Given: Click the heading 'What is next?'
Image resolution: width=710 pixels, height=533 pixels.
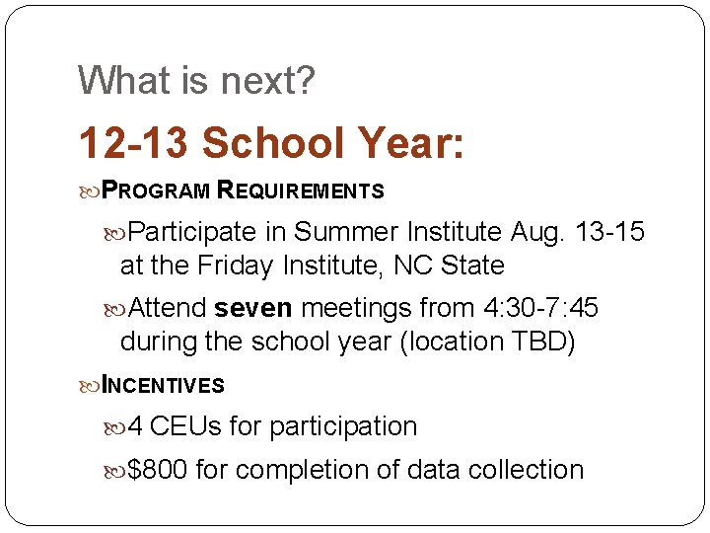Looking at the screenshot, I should (196, 81).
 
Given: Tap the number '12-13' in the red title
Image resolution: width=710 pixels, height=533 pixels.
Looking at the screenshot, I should (134, 144).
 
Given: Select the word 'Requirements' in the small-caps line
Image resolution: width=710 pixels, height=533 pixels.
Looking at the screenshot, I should (300, 190).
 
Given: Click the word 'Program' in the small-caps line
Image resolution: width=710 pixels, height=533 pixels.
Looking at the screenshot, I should (157, 190).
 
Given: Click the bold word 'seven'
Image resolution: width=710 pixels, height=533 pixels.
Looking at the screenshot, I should (253, 309).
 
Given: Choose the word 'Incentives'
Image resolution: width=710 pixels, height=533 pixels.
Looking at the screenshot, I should (164, 385).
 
